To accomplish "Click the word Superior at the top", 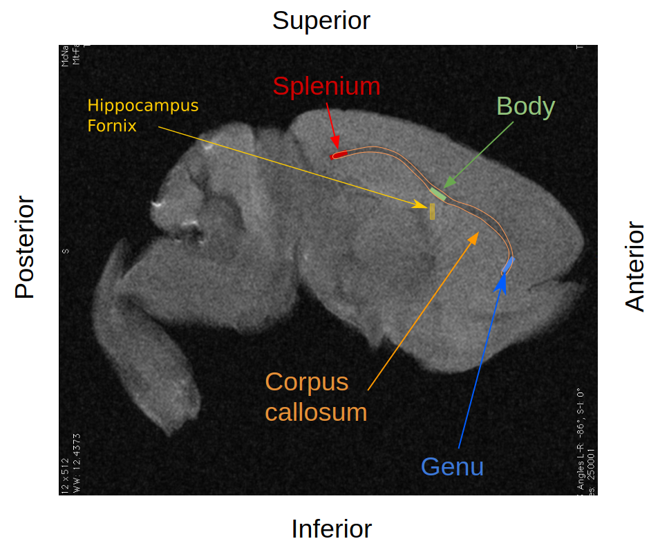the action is (321, 21).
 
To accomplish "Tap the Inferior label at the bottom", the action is (331, 529).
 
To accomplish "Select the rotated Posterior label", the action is (25, 247).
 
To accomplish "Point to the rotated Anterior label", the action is (634, 267).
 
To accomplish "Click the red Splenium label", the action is (326, 86).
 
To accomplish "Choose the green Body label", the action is (525, 106).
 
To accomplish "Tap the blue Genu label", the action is (452, 467).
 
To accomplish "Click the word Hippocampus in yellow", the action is (142, 106).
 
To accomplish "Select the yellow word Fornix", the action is (112, 126).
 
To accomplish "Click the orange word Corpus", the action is (307, 381).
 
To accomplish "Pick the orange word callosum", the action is (316, 413).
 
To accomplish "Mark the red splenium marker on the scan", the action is (338, 155).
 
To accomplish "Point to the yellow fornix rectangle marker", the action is (432, 211).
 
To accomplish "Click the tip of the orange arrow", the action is (478, 233).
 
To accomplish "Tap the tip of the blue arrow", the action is (504, 274).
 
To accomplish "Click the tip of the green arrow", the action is (444, 187).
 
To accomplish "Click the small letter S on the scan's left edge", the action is (65, 251).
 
